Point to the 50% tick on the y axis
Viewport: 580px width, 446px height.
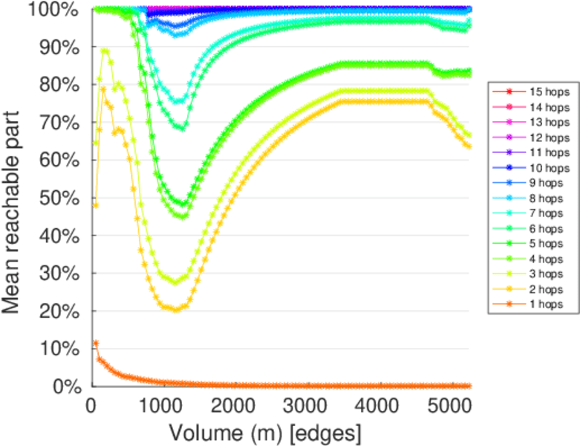click(x=60, y=197)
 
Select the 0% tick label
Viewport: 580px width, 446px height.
click(x=68, y=386)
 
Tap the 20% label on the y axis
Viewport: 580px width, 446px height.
click(x=60, y=311)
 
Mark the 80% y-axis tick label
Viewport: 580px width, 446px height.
click(x=60, y=84)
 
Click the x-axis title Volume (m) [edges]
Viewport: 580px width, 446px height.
click(x=265, y=433)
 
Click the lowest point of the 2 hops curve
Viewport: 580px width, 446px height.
click(x=176, y=309)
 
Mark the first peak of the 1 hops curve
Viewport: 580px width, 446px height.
click(x=95, y=343)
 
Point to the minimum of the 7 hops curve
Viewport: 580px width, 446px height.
click(x=178, y=101)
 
